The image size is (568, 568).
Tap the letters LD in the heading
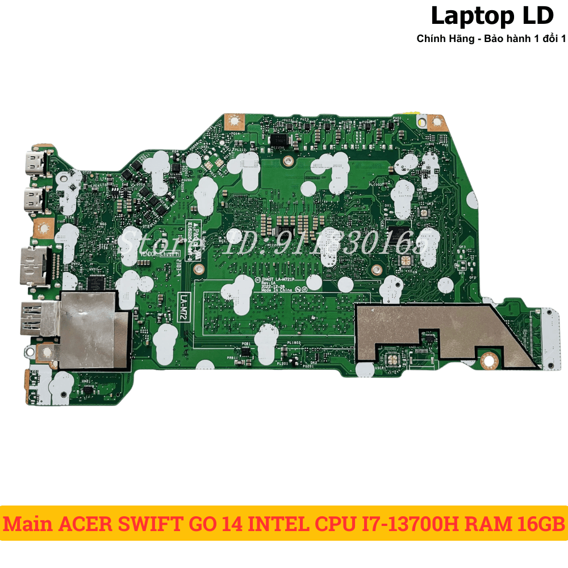[x=535, y=16]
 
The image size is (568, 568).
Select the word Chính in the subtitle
[x=430, y=39]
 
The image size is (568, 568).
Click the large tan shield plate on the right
[x=432, y=329]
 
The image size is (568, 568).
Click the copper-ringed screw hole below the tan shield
[x=488, y=361]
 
